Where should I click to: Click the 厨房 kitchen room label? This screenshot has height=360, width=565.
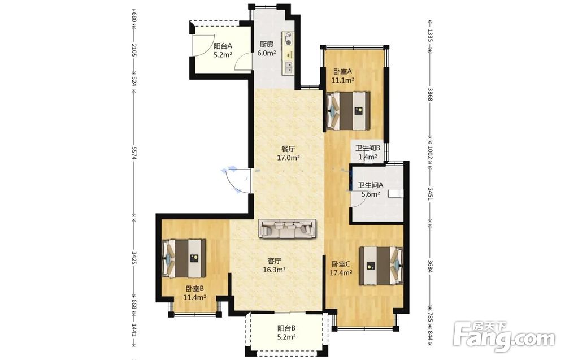(267, 44)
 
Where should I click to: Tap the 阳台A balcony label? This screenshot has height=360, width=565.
(223, 46)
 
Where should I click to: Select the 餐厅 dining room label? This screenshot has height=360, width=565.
(288, 149)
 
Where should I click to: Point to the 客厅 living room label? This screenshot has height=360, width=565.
(274, 261)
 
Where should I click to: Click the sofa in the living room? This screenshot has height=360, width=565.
(288, 228)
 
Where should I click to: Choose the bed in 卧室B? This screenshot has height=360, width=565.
(184, 258)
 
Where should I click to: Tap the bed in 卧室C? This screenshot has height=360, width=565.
(381, 265)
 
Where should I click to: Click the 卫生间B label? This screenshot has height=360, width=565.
(368, 148)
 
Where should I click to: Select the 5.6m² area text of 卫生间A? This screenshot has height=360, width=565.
(371, 194)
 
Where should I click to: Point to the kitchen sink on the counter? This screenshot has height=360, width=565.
(289, 66)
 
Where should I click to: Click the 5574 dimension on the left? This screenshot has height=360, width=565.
(134, 153)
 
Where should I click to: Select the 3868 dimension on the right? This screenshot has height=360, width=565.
(429, 94)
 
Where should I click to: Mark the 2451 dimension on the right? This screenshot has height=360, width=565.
(429, 193)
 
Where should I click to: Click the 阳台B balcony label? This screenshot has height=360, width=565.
(286, 328)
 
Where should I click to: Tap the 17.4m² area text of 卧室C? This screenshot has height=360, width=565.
(341, 273)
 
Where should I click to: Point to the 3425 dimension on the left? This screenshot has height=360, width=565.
(134, 258)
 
